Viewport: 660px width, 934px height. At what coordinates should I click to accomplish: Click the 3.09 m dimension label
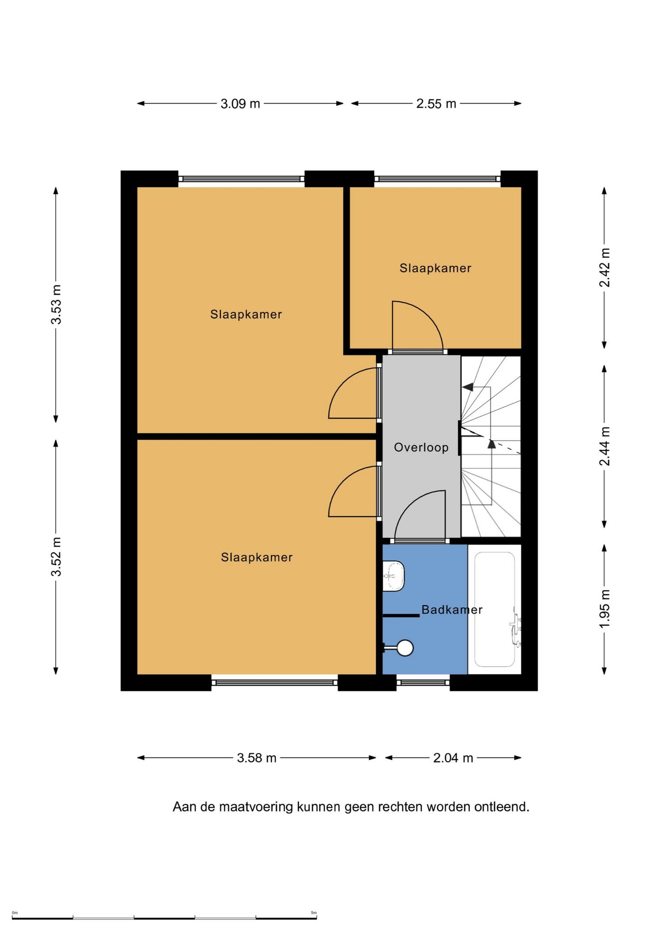click(x=240, y=104)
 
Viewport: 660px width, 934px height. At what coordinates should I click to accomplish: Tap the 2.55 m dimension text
click(x=436, y=104)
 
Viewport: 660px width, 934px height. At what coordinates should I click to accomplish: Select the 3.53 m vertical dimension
click(x=56, y=304)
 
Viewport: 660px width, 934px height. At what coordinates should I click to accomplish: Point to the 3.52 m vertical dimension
click(x=56, y=557)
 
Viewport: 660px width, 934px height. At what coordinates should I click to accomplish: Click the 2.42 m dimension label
click(x=604, y=268)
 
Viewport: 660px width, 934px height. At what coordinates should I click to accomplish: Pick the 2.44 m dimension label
click(x=604, y=446)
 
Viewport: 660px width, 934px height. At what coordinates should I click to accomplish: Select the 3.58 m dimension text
click(x=257, y=758)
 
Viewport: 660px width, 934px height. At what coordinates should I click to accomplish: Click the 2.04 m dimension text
click(x=453, y=758)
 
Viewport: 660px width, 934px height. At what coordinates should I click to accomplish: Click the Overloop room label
click(x=421, y=447)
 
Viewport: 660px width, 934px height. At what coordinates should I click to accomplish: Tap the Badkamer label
click(x=452, y=610)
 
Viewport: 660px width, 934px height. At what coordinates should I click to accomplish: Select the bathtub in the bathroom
click(x=495, y=609)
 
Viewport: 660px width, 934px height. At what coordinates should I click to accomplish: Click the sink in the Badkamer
click(x=394, y=576)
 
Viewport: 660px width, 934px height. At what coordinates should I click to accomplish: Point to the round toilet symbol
click(x=405, y=648)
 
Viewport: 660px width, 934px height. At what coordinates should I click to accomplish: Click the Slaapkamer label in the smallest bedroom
click(x=436, y=268)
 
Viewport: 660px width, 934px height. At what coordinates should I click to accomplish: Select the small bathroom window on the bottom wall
click(x=423, y=683)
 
